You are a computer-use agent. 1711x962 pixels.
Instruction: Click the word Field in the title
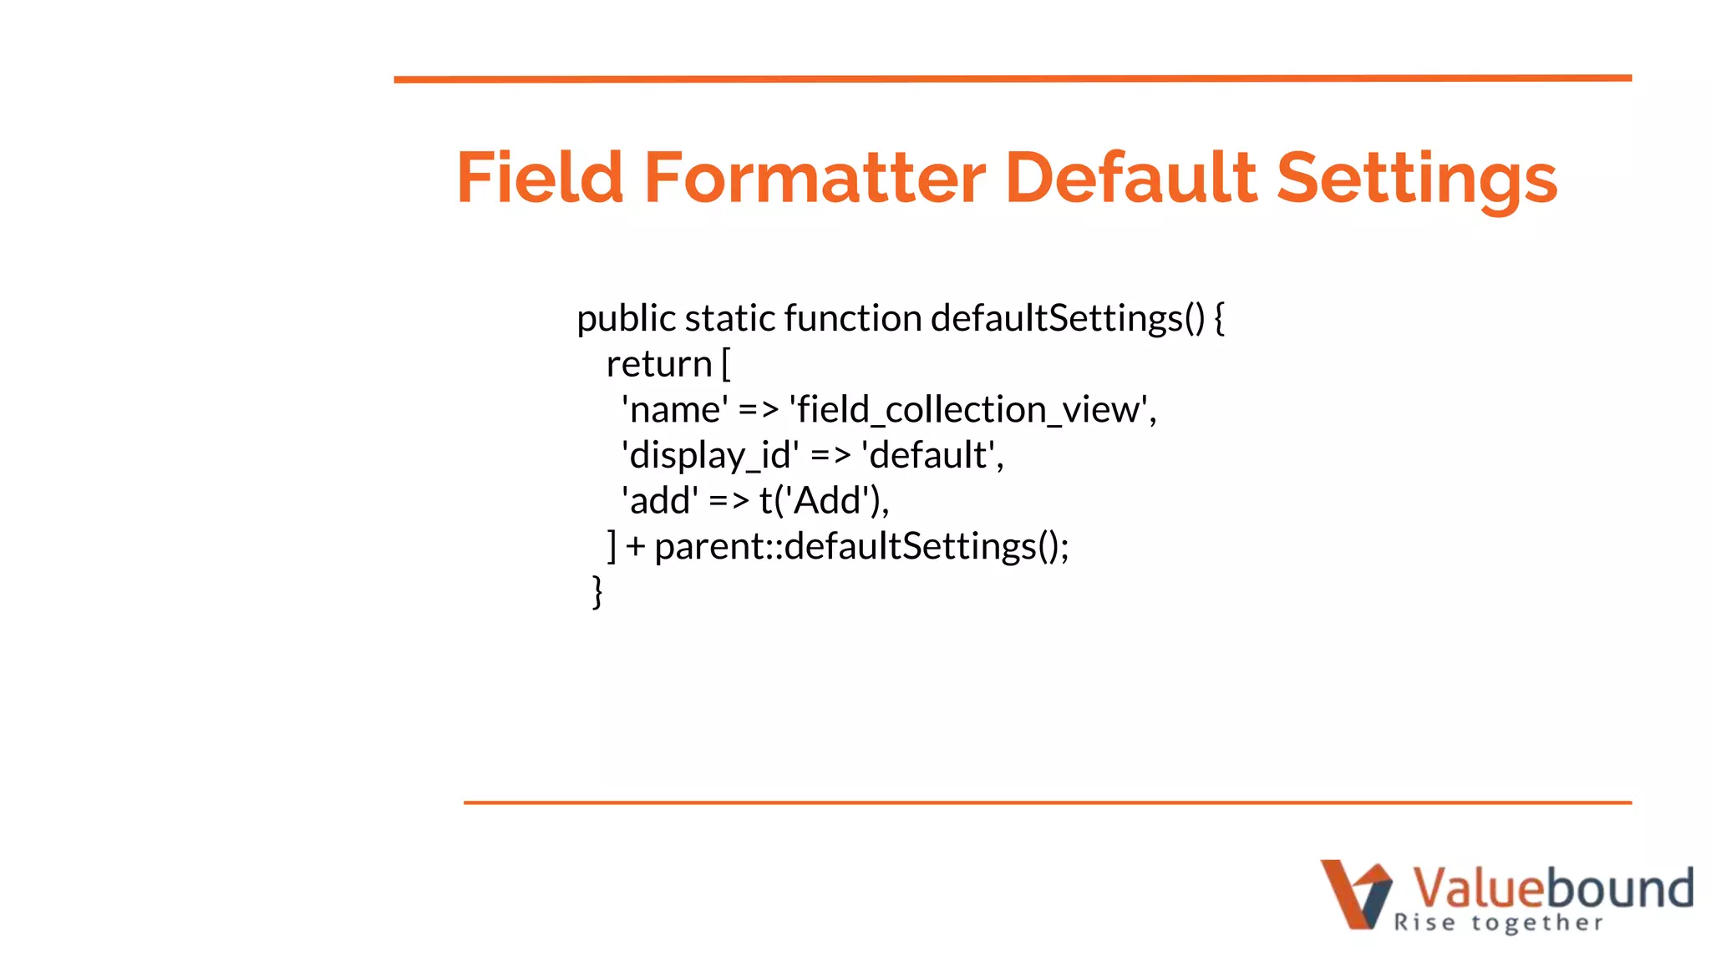pyautogui.click(x=540, y=177)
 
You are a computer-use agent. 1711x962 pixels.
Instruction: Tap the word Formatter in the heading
pyautogui.click(x=815, y=177)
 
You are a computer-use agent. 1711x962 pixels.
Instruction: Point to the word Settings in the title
pyautogui.click(x=1417, y=179)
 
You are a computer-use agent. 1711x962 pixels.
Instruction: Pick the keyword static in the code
pyautogui.click(x=729, y=319)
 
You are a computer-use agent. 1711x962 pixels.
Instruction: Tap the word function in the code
pyautogui.click(x=852, y=319)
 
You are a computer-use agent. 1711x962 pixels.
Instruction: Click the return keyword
pyautogui.click(x=658, y=364)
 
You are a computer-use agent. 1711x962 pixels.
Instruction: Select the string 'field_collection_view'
pyautogui.click(x=972, y=410)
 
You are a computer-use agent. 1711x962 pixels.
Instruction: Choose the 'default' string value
pyautogui.click(x=932, y=456)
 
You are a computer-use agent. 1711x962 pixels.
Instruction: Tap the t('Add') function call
pyautogui.click(x=824, y=501)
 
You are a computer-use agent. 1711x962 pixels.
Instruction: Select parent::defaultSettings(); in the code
pyautogui.click(x=861, y=547)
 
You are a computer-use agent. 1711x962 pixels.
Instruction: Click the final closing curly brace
pyautogui.click(x=597, y=591)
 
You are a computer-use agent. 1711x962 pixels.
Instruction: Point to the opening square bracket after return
pyautogui.click(x=725, y=364)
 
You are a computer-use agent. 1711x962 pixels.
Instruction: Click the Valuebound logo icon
pyautogui.click(x=1356, y=894)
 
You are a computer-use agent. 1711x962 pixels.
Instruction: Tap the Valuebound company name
pyautogui.click(x=1552, y=887)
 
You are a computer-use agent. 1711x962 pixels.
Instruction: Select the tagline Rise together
pyautogui.click(x=1498, y=923)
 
